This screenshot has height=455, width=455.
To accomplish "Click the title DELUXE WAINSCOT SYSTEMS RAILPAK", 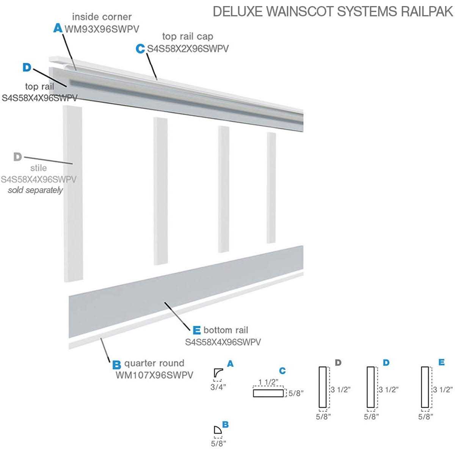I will tap(333, 11).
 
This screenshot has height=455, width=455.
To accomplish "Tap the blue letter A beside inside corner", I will tap(57, 28).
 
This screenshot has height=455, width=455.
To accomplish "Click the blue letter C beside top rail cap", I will tap(140, 49).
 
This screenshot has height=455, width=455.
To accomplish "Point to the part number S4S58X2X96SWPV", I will tap(188, 49).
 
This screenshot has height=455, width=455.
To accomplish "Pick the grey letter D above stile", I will tap(17, 157).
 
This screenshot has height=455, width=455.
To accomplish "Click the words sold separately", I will tap(35, 190).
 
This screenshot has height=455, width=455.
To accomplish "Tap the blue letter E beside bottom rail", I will tap(196, 330).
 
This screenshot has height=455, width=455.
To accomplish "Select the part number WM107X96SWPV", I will tap(154, 375).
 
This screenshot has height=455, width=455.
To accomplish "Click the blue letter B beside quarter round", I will tap(117, 365).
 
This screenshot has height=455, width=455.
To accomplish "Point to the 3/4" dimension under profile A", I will tap(218, 387).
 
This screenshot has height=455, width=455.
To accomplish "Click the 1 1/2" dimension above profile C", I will tap(268, 382).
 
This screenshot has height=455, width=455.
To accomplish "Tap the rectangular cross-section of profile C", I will tap(268, 393).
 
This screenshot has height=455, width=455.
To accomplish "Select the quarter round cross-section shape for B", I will tap(217, 430).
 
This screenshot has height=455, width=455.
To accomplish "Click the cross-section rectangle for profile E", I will tap(425, 387).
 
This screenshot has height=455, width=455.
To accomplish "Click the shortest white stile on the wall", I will tap(271, 188).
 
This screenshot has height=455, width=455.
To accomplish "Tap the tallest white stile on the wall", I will tap(73, 193).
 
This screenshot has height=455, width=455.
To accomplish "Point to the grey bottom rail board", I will tap(186, 292).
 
